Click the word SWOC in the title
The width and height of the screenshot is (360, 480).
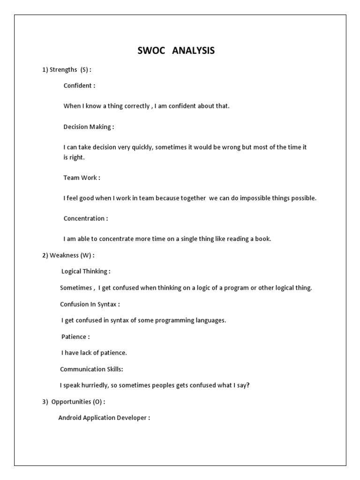point(151,51)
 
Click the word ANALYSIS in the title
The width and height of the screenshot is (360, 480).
point(193,51)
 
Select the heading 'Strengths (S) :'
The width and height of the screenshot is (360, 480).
point(67,70)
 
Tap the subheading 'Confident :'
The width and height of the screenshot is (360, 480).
point(79,86)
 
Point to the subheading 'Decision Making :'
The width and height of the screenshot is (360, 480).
point(89,127)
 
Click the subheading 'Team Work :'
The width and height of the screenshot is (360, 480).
point(82,178)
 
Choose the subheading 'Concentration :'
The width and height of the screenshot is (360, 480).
point(85,218)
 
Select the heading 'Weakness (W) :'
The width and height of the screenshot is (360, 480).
point(68,255)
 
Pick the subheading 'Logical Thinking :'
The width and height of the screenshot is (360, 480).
point(86,271)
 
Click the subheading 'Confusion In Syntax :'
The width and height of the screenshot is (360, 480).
point(90,304)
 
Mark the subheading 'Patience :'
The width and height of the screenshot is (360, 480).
point(75,337)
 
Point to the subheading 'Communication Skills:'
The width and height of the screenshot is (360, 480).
point(91,369)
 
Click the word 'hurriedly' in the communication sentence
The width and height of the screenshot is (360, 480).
point(98,385)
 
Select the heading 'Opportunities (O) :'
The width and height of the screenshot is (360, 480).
point(74,402)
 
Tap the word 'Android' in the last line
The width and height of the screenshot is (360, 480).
point(70,418)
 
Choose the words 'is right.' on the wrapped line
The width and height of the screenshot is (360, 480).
point(74,157)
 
